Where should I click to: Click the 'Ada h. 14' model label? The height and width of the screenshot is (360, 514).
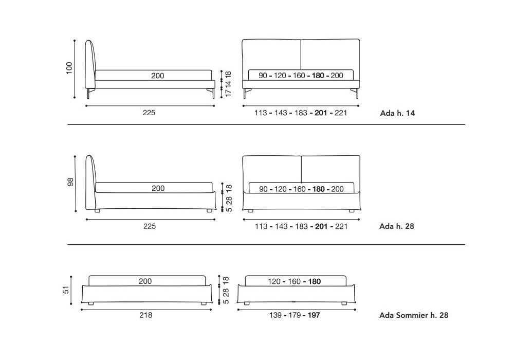397,113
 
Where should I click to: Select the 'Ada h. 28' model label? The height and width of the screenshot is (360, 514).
397,226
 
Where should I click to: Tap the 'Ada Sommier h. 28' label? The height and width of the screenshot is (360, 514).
414,315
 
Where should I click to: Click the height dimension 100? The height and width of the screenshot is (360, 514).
69,68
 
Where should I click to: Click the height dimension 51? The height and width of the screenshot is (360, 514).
66,290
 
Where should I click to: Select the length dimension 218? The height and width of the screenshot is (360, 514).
145,315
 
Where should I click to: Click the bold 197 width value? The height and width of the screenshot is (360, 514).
314,315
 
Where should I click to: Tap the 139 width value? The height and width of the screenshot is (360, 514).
276,315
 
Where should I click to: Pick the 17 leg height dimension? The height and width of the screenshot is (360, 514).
229,92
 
